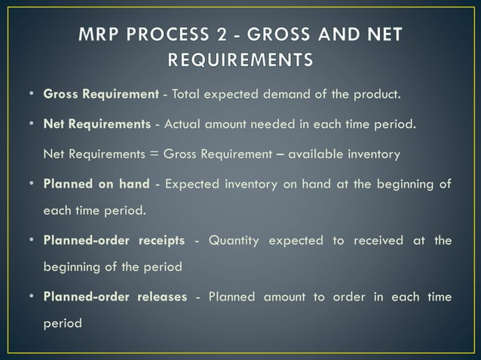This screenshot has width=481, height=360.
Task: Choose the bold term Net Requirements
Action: click(x=97, y=124)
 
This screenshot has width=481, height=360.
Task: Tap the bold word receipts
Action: click(x=161, y=240)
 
